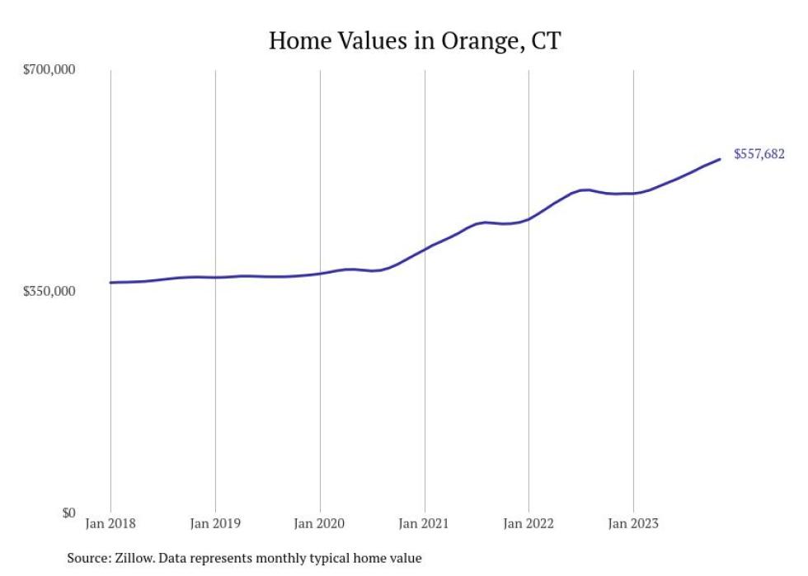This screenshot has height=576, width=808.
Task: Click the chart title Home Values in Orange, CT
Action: pyautogui.click(x=415, y=40)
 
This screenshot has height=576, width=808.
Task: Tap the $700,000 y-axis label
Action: pyautogui.click(x=49, y=70)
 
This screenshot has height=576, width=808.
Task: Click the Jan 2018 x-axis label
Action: pyautogui.click(x=110, y=523)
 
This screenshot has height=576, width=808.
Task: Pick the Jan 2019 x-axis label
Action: pyautogui.click(x=215, y=523)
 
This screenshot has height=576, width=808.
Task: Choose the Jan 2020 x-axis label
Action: pyautogui.click(x=320, y=523)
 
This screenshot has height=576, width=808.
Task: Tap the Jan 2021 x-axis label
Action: pyautogui.click(x=425, y=523)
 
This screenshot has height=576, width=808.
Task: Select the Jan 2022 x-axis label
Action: pyautogui.click(x=528, y=523)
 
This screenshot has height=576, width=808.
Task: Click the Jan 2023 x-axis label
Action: pyautogui.click(x=633, y=523)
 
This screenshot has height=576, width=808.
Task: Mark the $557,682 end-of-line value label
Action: pyautogui.click(x=759, y=154)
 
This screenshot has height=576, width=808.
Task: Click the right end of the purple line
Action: pyautogui.click(x=720, y=159)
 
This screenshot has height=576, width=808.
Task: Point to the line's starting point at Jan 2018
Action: pyautogui.click(x=111, y=283)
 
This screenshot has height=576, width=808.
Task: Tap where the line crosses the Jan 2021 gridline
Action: pyautogui.click(x=425, y=248)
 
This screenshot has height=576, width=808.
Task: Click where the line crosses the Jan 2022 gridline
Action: pyautogui.click(x=528, y=219)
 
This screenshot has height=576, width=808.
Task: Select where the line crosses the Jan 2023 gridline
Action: pyautogui.click(x=633, y=193)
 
